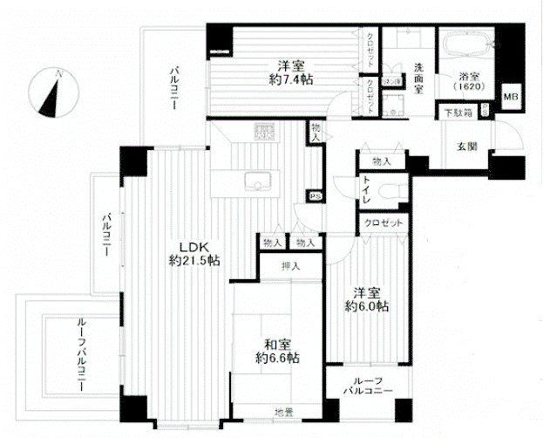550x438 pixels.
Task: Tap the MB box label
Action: [x=510, y=97]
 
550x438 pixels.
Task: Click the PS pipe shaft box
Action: [x=311, y=197]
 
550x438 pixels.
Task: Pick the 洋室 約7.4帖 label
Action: [x=284, y=72]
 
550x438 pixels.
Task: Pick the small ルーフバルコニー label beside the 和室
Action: [x=364, y=384]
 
